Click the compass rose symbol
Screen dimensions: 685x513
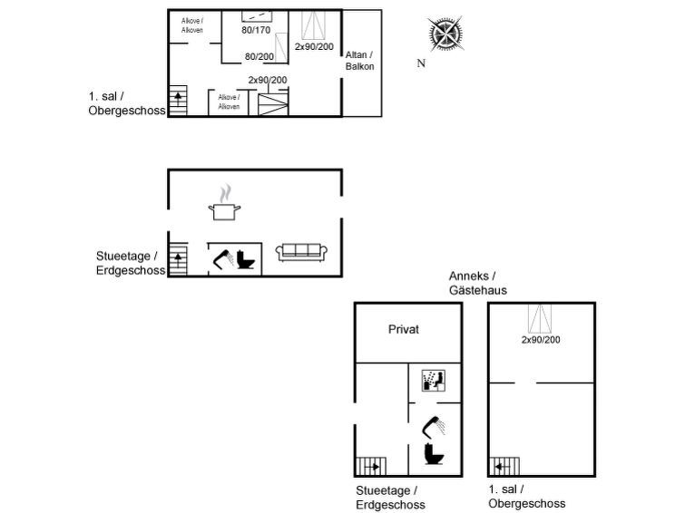[445, 34]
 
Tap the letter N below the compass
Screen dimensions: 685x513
[421, 63]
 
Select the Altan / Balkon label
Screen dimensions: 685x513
[359, 61]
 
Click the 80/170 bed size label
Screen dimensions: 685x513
[256, 30]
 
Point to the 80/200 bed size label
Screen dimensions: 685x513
[259, 56]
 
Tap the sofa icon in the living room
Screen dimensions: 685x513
[301, 252]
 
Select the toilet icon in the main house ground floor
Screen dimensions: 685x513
[246, 259]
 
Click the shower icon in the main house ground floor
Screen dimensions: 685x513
[223, 259]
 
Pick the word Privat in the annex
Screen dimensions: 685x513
[403, 329]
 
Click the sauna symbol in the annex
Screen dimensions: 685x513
[434, 381]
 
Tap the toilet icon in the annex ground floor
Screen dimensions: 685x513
[434, 454]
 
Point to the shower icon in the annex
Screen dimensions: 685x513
[434, 427]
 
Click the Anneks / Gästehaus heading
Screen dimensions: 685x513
[478, 283]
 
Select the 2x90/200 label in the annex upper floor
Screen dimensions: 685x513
[541, 340]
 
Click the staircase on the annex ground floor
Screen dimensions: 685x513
[371, 466]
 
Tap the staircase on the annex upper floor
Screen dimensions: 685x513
[504, 466]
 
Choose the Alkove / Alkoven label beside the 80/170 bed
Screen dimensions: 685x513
[192, 25]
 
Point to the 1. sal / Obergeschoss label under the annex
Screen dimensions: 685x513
[527, 497]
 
